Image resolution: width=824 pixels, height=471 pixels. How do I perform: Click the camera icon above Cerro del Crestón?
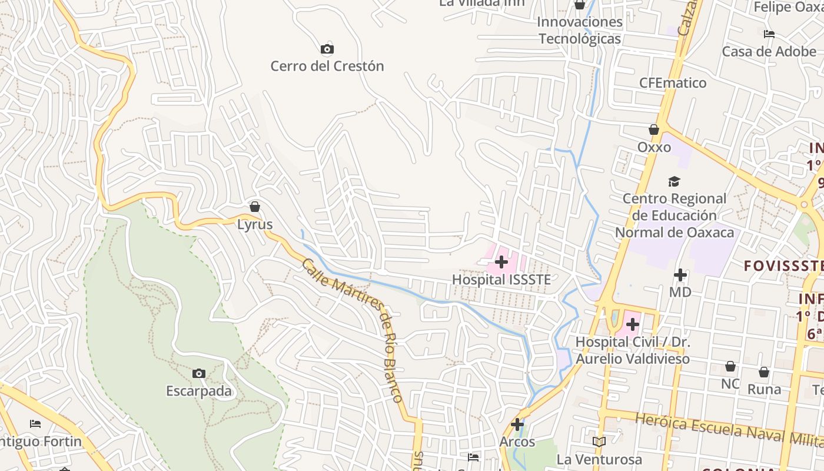tap(327, 49)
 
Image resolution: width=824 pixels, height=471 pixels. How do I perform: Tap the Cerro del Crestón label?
tap(327, 66)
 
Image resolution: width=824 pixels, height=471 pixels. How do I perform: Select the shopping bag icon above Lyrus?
tap(255, 207)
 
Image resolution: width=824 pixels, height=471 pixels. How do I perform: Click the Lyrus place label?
tap(255, 224)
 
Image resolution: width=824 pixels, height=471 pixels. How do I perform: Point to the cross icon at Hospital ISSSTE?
tap(501, 261)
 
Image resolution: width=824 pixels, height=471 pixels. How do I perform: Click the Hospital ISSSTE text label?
tap(501, 280)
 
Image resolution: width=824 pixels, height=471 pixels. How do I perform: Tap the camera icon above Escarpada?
tap(199, 373)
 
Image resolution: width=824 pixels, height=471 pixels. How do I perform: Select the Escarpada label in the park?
tap(199, 392)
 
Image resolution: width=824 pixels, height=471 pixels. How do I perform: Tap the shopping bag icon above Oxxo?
tap(654, 130)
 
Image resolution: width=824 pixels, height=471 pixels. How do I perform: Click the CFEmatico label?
tap(673, 83)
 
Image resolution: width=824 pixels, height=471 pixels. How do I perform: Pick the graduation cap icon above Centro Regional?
tap(674, 181)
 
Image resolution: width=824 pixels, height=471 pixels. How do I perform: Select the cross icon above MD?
tap(680, 274)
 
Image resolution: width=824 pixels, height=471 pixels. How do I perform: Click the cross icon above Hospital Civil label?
tap(633, 324)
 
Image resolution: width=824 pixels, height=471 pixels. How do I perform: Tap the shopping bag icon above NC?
tap(730, 366)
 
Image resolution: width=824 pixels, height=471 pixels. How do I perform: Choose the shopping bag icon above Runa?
tap(764, 372)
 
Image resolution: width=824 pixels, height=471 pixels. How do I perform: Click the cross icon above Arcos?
tap(517, 424)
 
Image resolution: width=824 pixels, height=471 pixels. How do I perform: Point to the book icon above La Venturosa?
tap(599, 442)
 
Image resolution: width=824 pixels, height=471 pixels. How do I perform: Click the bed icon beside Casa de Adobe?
tap(769, 34)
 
